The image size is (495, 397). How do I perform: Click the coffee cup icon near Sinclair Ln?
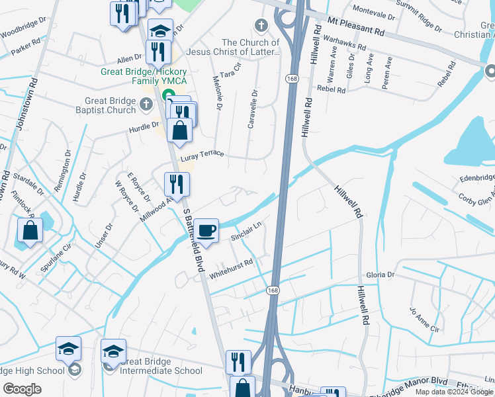point(207,230)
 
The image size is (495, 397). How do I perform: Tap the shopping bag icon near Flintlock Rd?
point(30,232)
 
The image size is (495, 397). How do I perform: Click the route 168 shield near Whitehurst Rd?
point(273,290)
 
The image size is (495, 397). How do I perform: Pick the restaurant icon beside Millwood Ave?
point(176,183)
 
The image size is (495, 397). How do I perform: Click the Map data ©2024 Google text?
point(454,392)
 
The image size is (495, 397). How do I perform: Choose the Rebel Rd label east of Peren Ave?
point(448,74)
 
